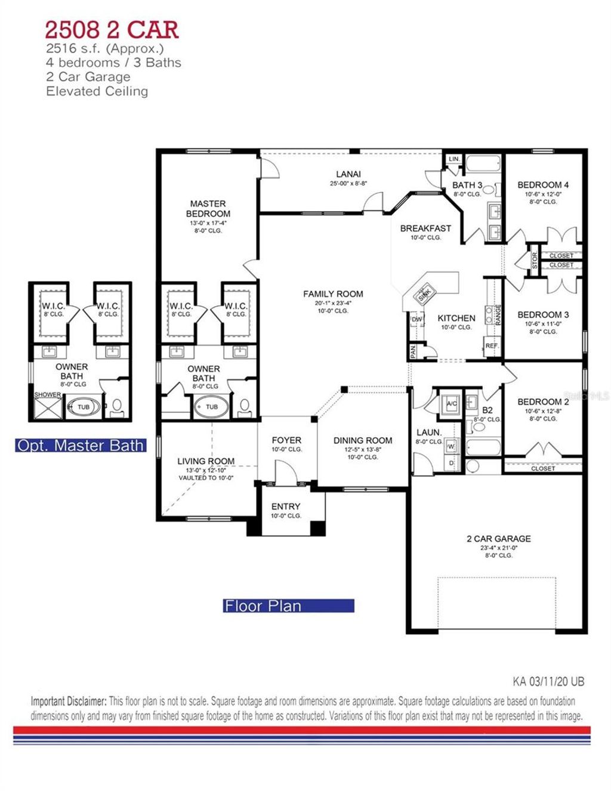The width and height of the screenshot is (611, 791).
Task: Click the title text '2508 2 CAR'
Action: pos(112,30)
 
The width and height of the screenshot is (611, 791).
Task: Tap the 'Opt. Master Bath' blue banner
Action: pos(81,446)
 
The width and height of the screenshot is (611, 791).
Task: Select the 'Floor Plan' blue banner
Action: pos(289,606)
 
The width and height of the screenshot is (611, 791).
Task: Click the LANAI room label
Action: pos(348,175)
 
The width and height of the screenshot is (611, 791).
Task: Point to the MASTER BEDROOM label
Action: pos(208,209)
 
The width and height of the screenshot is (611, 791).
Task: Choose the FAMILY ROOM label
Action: pos(332,294)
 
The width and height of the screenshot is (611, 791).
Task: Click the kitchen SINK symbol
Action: pos(424,294)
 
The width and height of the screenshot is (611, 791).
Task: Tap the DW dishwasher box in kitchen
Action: pos(416,320)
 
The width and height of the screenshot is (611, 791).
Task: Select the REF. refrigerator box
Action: pos(492,346)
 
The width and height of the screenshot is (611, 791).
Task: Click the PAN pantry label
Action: pos(413,351)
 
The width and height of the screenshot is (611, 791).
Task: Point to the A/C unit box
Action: pos(452,404)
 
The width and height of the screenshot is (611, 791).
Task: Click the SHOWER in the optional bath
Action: pos(47,406)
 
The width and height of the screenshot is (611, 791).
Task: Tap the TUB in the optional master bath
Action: pos(83,407)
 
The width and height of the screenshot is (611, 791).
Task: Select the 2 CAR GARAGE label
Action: pos(498,539)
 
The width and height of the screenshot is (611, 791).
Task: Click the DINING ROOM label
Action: pos(363,441)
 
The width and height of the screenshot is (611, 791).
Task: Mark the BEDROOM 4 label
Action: pos(543,186)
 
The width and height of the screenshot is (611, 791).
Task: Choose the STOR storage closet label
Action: pos(535,261)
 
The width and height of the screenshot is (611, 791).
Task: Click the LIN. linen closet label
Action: pos(454,159)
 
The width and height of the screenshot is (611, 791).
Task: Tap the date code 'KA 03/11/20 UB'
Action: pos(548,681)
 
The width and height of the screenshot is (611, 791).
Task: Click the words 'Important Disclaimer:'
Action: pos(69,701)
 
